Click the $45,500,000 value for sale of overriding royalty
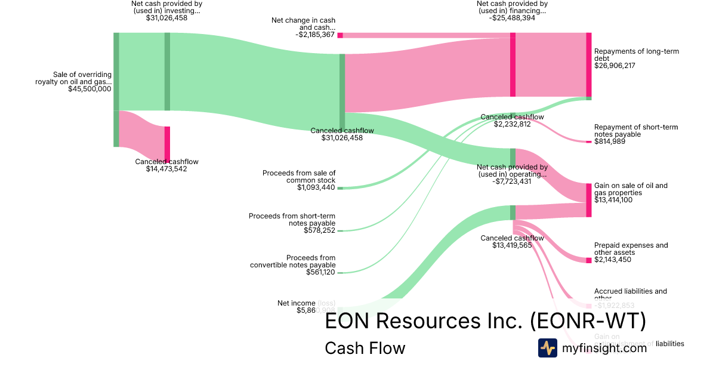[x=89, y=89]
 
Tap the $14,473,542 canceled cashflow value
[x=166, y=169]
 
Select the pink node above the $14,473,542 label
[x=168, y=143]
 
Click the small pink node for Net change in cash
[x=340, y=35]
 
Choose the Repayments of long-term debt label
[x=636, y=55]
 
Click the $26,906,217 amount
[x=615, y=66]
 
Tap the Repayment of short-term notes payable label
[x=635, y=131]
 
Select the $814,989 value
[x=610, y=141]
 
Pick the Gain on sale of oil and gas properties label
[x=631, y=189]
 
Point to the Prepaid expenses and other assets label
[x=631, y=249]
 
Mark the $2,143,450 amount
[x=612, y=260]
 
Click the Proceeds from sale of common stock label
[x=299, y=177]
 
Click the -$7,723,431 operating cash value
[x=513, y=181]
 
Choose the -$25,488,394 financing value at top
[x=512, y=18]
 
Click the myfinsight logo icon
[x=547, y=348]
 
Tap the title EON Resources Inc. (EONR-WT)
[x=485, y=321]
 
